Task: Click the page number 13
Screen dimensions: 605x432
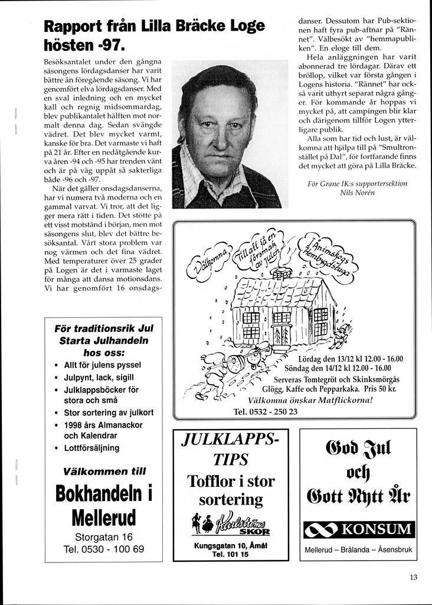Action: tap(413, 578)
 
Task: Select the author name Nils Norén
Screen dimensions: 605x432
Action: tap(358, 193)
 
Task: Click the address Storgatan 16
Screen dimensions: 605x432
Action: tap(104, 537)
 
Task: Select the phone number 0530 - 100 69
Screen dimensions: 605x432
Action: tap(104, 549)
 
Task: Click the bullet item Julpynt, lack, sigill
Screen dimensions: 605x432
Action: tap(99, 377)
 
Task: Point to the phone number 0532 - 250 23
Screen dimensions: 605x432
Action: tap(266, 411)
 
